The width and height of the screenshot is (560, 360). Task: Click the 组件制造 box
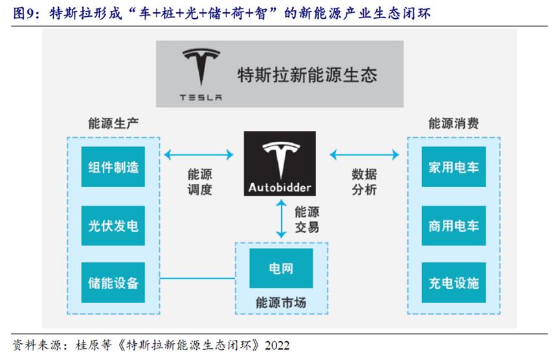tap(113, 167)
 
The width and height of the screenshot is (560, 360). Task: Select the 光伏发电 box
tap(113, 225)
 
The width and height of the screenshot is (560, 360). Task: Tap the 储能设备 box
tap(113, 282)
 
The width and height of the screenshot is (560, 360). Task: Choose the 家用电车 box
tap(454, 167)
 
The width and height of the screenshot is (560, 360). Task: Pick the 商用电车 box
tap(454, 225)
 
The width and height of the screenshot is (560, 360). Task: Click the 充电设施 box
tap(454, 282)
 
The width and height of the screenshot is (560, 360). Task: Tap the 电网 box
tap(281, 268)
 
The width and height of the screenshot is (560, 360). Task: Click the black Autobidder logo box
tap(280, 164)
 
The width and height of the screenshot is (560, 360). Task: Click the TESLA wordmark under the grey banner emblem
tap(201, 98)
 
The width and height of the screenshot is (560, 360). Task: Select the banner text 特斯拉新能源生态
tap(307, 75)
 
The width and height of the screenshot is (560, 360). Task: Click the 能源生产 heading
tap(113, 124)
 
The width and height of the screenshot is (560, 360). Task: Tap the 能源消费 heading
tap(454, 124)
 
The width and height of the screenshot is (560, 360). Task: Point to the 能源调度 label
tap(199, 182)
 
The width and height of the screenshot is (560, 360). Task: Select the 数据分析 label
tap(364, 182)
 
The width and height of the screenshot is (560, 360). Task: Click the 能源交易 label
tap(307, 219)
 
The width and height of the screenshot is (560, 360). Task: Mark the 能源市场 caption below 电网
tap(281, 302)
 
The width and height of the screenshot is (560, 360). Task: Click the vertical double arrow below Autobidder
tap(282, 219)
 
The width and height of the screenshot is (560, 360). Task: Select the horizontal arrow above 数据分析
tap(364, 155)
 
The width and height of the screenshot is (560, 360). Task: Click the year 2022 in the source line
tap(277, 345)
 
